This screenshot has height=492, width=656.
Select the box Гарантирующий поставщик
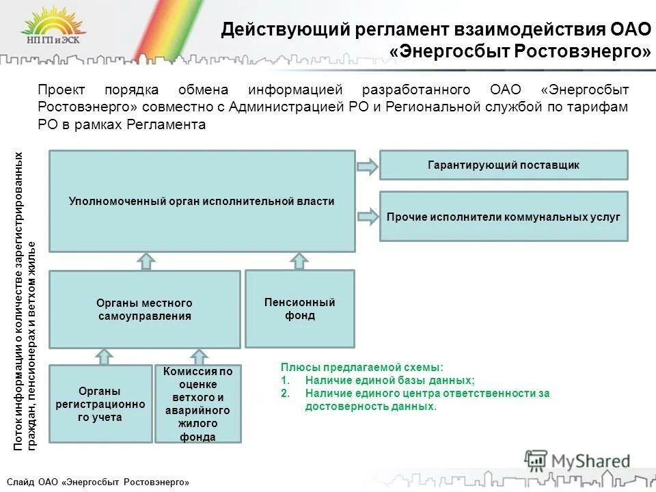tap(503, 165)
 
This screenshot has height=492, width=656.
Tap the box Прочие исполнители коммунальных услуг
tap(503, 217)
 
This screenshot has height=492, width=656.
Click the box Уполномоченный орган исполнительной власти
tap(202, 202)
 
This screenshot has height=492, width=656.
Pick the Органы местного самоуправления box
tap(144, 310)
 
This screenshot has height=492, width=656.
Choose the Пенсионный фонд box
tap(299, 308)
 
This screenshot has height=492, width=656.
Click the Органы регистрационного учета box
tap(100, 403)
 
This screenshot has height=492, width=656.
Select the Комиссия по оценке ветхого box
tap(198, 404)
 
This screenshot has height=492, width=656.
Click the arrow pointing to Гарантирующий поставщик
tap(367, 166)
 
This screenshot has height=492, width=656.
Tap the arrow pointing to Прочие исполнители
tap(367, 217)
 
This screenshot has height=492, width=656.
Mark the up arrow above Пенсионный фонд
tap(299, 260)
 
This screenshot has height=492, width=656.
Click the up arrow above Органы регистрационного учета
tap(104, 356)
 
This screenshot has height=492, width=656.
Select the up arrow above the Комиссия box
tap(199, 356)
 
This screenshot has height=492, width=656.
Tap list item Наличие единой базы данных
tap(389, 380)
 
